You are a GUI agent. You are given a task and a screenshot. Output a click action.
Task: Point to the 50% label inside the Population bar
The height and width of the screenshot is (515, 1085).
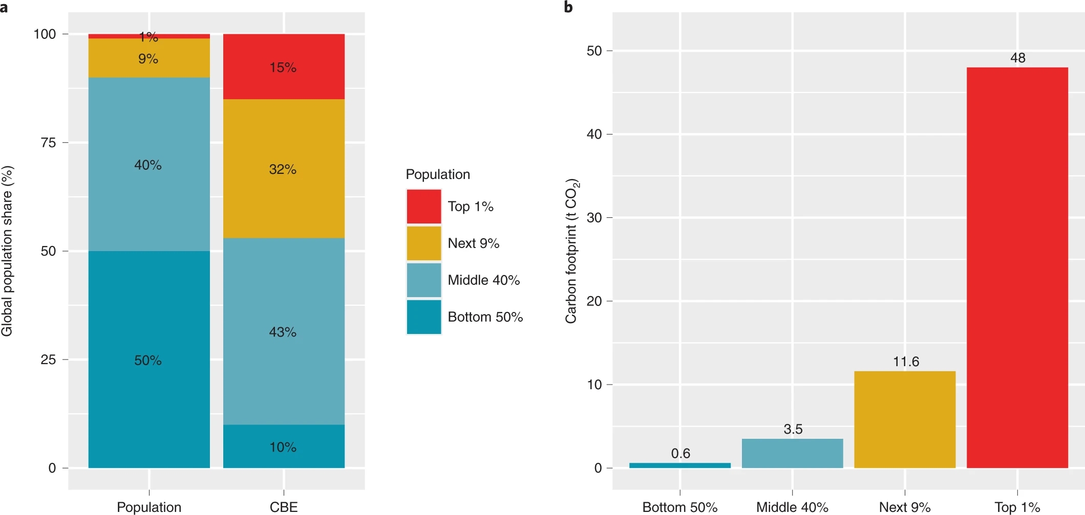point(148,361)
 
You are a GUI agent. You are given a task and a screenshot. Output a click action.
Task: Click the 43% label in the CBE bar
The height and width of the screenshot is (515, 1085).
point(283,332)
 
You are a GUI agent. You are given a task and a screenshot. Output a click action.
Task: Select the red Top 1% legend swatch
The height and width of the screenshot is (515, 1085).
point(424,207)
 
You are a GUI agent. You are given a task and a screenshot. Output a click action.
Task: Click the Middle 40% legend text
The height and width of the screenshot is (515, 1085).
point(483,280)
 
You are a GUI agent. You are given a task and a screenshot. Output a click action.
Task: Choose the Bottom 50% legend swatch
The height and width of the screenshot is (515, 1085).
point(424,317)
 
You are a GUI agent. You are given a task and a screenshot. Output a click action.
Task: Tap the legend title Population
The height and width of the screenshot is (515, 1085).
point(438,174)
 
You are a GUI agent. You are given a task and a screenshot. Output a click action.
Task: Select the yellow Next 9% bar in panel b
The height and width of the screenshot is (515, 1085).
point(905,419)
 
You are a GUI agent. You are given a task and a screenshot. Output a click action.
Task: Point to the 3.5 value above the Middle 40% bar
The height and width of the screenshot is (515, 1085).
point(793,429)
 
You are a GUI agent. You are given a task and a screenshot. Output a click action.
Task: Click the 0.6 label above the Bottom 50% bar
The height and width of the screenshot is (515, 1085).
point(680,454)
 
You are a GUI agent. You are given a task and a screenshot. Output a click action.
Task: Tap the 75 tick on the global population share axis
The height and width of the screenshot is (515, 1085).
point(49,143)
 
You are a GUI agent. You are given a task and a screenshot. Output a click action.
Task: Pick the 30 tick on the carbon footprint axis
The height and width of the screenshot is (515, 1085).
point(594,218)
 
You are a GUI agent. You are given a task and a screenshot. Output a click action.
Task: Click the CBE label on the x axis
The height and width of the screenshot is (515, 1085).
point(284,507)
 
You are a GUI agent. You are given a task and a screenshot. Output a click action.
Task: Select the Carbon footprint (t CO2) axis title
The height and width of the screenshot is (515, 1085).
point(571,251)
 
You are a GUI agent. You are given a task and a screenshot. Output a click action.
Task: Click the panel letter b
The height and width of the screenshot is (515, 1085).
point(568,7)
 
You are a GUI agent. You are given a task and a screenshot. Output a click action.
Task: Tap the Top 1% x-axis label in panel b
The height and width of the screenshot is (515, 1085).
point(1017,507)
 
